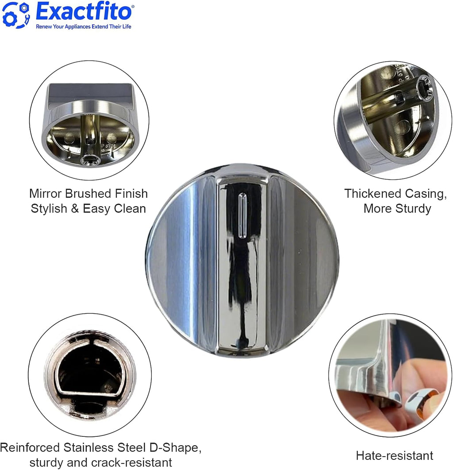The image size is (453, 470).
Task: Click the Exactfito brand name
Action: [85, 12]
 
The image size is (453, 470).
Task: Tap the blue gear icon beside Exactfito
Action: [16, 15]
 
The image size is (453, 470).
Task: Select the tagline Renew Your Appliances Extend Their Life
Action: [84, 27]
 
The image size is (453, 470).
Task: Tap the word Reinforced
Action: [30, 447]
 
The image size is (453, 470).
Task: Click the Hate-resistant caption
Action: [395, 455]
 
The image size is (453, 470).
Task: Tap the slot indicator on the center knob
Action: [242, 216]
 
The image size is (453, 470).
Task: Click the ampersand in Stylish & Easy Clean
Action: [75, 208]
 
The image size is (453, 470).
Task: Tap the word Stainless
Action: [88, 447]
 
